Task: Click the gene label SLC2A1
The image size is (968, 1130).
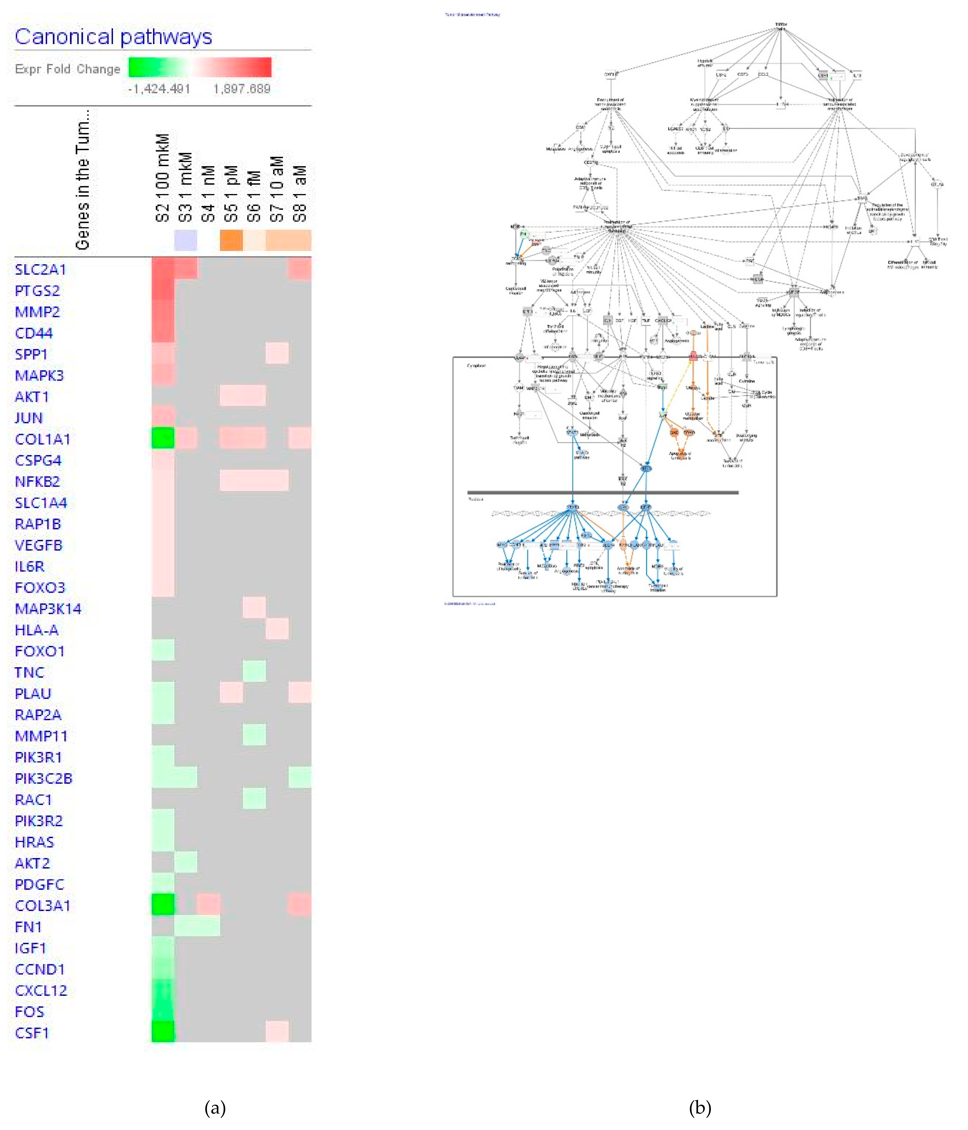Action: [40, 269]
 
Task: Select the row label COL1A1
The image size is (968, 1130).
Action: [43, 439]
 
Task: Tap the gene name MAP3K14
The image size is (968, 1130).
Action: [48, 609]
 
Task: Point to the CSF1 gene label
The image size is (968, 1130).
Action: [32, 1033]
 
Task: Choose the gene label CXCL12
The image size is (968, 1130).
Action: [41, 990]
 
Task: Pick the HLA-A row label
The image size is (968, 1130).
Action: [37, 630]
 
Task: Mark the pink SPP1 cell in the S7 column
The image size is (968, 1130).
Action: [277, 353]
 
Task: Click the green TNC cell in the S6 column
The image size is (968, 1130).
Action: [254, 671]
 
